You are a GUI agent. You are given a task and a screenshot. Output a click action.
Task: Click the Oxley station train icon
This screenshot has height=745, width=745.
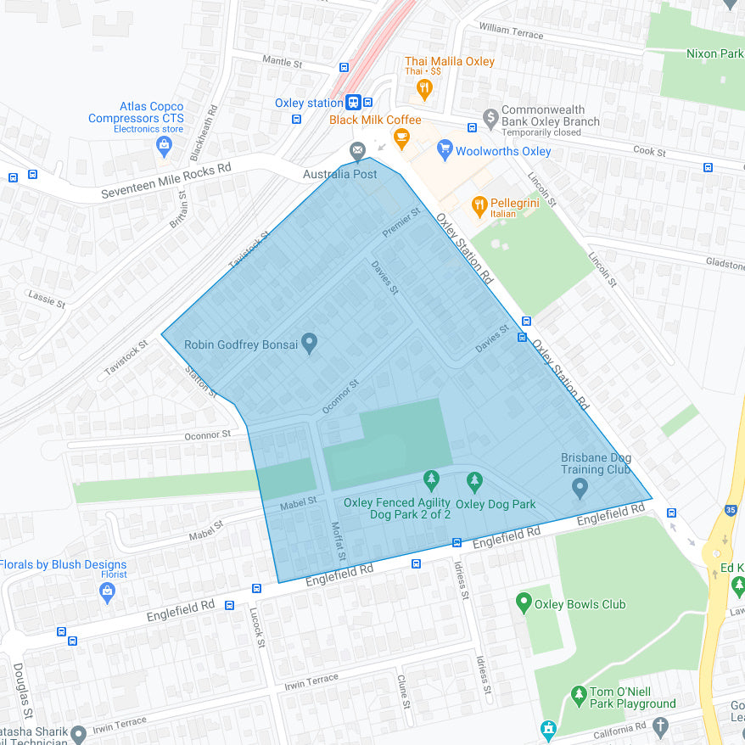[353, 103]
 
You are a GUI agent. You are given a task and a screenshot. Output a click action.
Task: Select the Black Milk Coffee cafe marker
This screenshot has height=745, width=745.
[401, 137]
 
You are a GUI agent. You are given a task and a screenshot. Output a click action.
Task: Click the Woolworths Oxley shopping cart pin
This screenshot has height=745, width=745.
[444, 150]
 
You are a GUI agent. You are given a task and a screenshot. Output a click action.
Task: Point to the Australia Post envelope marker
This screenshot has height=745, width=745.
[358, 151]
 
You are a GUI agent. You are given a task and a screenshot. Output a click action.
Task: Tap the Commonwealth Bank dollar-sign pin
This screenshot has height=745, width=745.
[490, 116]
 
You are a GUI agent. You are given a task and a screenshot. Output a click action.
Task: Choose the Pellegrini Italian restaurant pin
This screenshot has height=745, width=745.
[479, 204]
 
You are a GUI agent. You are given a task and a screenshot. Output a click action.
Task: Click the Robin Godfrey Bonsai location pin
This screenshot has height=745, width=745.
[310, 344]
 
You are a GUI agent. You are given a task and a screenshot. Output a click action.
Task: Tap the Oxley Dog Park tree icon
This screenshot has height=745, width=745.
[474, 482]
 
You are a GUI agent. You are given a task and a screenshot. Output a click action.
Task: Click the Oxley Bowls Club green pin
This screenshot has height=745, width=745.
[524, 604]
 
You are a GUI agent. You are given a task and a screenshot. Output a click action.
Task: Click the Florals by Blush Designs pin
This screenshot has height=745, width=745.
[107, 593]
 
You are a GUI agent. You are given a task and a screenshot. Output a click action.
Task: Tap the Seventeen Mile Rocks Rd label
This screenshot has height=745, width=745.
[166, 181]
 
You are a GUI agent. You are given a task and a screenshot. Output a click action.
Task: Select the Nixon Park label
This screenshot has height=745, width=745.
[714, 53]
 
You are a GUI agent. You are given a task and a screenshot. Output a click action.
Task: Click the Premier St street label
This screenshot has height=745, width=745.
[401, 223]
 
